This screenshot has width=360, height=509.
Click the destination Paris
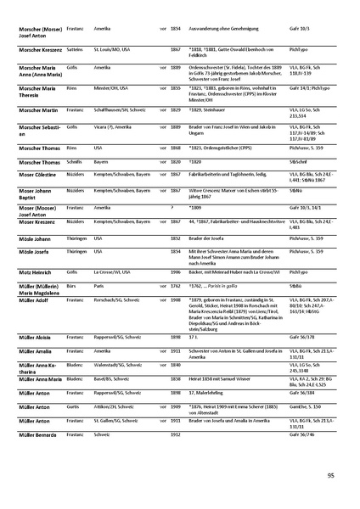99,287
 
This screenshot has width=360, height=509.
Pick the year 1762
176,287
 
